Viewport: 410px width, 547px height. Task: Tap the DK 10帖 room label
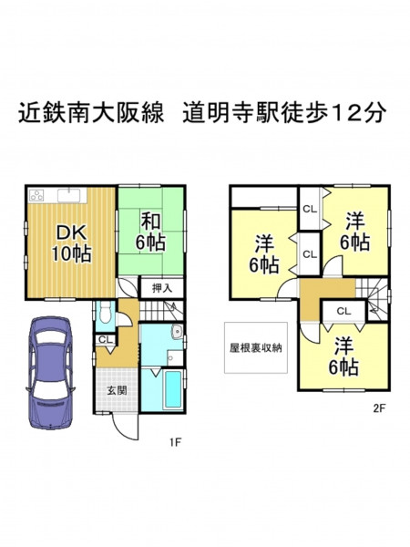click(71, 243)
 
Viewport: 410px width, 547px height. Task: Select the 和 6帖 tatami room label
click(150, 232)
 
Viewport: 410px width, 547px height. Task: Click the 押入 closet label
click(162, 288)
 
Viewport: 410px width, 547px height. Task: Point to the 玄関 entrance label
click(117, 390)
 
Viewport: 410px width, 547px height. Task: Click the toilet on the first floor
click(104, 313)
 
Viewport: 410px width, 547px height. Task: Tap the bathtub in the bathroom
click(172, 389)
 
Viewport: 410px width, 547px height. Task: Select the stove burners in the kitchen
click(36, 195)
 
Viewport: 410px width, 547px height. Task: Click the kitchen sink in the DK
click(69, 195)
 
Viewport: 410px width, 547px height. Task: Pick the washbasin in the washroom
click(177, 331)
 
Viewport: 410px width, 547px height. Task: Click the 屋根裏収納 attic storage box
click(256, 348)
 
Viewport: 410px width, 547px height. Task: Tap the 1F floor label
click(175, 443)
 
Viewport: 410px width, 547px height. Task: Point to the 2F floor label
click(379, 408)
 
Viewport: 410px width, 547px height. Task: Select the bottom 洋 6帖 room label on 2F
click(343, 356)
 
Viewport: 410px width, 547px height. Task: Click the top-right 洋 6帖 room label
click(355, 232)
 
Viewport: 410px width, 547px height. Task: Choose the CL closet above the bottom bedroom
click(344, 311)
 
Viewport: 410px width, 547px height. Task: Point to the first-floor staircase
click(161, 309)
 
